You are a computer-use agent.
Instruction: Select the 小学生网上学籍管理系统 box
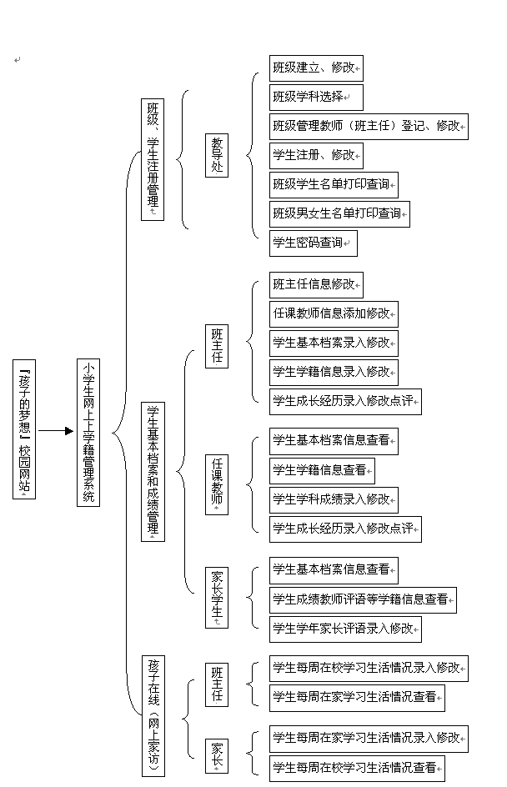88,432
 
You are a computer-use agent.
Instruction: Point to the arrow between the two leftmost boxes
56,431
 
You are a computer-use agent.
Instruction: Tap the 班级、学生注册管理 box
153,158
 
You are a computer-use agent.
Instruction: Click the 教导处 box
217,155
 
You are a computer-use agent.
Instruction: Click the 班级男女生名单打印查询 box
339,214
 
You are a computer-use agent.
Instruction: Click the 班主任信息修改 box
316,284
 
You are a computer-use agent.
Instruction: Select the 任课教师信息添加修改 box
334,314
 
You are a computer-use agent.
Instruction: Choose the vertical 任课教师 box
217,484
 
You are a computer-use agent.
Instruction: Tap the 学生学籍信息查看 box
322,470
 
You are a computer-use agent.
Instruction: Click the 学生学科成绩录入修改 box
334,500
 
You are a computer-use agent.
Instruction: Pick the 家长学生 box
217,597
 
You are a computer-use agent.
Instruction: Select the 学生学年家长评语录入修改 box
345,629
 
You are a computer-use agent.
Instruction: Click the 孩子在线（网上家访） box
153,715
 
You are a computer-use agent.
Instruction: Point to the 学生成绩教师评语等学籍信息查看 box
363,599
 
